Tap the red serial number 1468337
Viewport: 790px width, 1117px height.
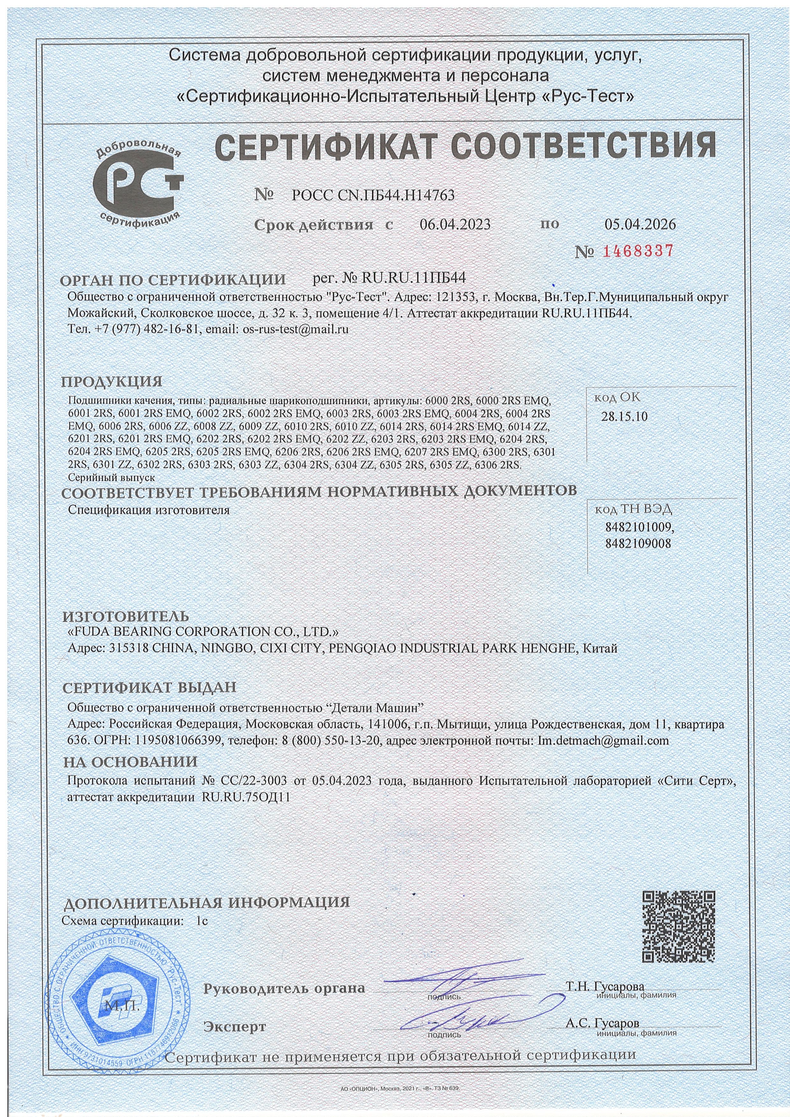[638, 252]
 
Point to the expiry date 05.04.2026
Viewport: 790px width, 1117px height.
[640, 224]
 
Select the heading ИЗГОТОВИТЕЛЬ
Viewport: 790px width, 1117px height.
[126, 617]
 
